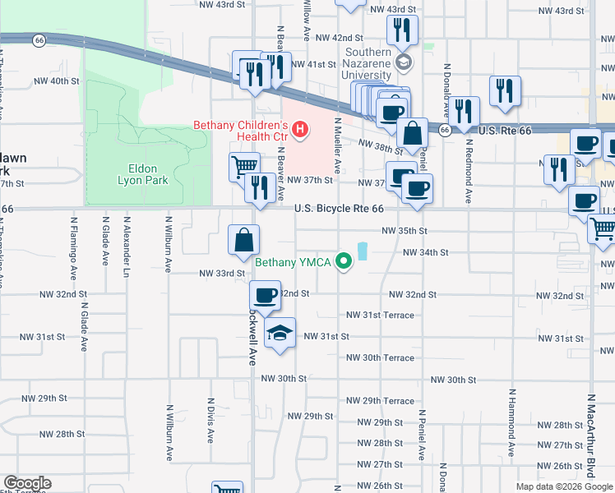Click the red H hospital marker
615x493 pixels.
point(300,130)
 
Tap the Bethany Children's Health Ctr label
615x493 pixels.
point(243,131)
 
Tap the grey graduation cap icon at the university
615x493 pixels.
point(403,62)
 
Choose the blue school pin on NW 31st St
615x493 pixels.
point(280,334)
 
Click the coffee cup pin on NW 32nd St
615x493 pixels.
point(265,296)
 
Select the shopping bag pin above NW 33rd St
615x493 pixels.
point(245,241)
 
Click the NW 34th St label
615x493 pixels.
point(425,252)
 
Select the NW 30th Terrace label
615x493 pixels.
point(380,357)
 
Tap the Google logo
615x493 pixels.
point(27,483)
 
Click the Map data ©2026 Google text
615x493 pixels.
point(564,486)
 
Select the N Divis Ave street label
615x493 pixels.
point(210,422)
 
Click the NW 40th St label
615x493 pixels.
point(57,81)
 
